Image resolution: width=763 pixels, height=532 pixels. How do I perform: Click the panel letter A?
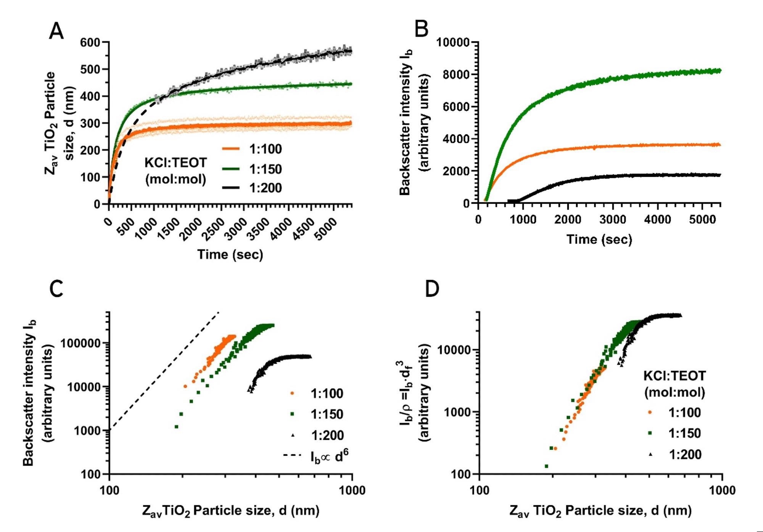(56, 31)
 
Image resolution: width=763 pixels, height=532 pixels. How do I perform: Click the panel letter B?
(422, 29)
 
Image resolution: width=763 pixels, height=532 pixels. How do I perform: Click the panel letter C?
(56, 289)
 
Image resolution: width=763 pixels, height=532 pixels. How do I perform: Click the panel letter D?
(432, 289)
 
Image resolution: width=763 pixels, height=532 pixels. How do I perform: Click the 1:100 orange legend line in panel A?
(231, 149)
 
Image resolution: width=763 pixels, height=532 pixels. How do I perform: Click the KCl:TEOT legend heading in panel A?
(175, 163)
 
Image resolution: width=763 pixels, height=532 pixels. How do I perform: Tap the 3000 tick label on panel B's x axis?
(613, 219)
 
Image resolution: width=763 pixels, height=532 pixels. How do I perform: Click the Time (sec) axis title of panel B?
(599, 240)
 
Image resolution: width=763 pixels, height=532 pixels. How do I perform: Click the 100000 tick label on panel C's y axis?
(80, 343)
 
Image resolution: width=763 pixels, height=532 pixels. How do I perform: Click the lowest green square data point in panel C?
(177, 426)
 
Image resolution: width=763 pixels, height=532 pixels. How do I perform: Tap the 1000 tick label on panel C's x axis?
(352, 490)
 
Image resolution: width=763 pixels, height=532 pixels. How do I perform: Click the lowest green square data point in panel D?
(546, 466)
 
